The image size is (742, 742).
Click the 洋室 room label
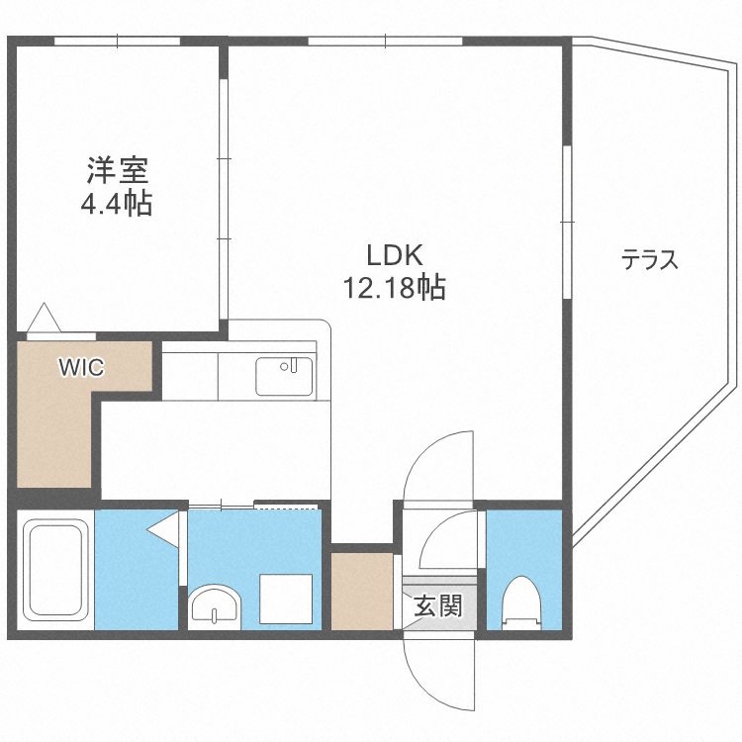pyautogui.click(x=118, y=170)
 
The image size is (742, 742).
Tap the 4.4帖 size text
pyautogui.click(x=117, y=204)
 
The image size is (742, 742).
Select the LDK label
pyautogui.click(x=395, y=255)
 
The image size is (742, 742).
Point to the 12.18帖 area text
pyautogui.click(x=394, y=287)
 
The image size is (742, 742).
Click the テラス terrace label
pyautogui.click(x=649, y=259)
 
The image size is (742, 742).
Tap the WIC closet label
pyautogui.click(x=81, y=367)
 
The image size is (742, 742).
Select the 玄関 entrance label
pyautogui.click(x=438, y=605)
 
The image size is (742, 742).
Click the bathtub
pyautogui.click(x=56, y=569)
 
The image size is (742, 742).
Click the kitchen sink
pyautogui.click(x=284, y=376)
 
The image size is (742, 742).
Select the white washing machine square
pyautogui.click(x=286, y=600)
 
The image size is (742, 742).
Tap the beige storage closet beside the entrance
pyautogui.click(x=362, y=591)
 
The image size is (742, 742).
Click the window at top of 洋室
pyautogui.click(x=118, y=42)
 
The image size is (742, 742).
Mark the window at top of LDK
pyautogui.click(x=385, y=42)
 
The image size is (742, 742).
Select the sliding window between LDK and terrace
pyautogui.click(x=568, y=222)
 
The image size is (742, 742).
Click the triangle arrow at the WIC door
pyautogui.click(x=44, y=317)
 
